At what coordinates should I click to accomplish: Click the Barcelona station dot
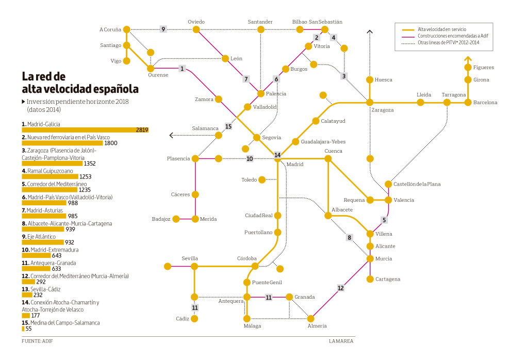(468, 103)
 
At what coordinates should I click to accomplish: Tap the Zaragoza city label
(382, 110)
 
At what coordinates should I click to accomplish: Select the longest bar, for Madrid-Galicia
(85, 130)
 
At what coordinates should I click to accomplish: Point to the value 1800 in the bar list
(111, 143)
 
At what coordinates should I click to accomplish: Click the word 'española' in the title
(109, 89)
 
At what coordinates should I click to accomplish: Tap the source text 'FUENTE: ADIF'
(37, 341)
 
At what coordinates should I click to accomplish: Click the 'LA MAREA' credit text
(341, 341)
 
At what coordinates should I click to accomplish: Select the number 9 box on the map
(163, 29)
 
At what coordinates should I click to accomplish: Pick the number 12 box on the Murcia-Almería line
(340, 288)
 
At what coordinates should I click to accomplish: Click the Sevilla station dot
(194, 266)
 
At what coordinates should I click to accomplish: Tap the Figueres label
(483, 68)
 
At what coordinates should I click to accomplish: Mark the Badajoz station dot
(176, 219)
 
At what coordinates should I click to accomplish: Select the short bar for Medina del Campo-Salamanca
(23, 329)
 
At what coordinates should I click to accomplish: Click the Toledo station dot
(262, 179)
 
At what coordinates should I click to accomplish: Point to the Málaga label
(253, 326)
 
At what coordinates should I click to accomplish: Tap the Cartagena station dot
(370, 279)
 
